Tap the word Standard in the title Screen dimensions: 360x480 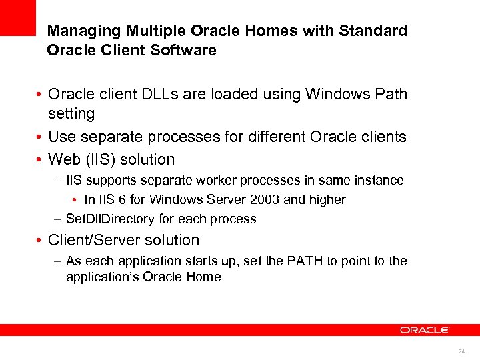pyautogui.click(x=373, y=31)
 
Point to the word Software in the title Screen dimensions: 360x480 pyautogui.click(x=187, y=51)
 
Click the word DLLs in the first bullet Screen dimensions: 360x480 pyautogui.click(x=157, y=94)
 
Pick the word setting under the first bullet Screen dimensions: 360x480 pyautogui.click(x=72, y=113)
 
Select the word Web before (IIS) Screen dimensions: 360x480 pyautogui.click(x=64, y=160)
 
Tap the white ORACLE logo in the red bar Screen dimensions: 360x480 pyautogui.click(x=425, y=329)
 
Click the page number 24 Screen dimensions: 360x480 pyautogui.click(x=461, y=351)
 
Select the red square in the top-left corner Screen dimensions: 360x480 pyautogui.click(x=17, y=17)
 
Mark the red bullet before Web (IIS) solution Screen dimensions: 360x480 pyautogui.click(x=41, y=161)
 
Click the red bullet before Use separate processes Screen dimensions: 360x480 pyautogui.click(x=41, y=137)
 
